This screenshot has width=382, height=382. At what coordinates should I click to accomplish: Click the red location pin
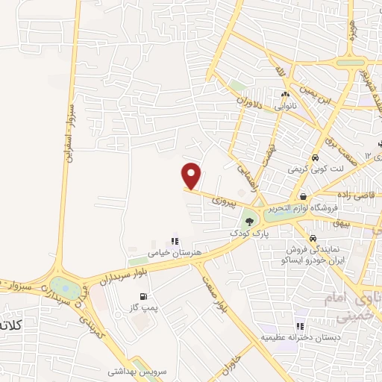tap(192, 176)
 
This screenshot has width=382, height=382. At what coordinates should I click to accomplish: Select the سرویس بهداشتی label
tap(134, 371)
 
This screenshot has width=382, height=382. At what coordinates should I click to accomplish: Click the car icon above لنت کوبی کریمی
tap(316, 158)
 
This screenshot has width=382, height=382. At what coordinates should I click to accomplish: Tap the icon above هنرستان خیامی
tap(175, 241)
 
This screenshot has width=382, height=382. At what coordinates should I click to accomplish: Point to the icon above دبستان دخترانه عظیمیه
tap(299, 326)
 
